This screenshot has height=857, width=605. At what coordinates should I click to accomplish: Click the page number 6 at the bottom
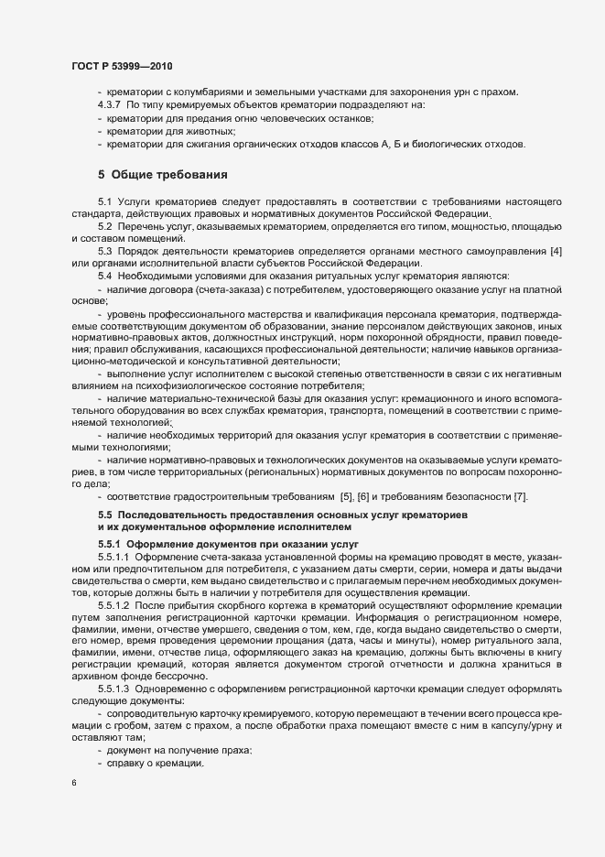73,784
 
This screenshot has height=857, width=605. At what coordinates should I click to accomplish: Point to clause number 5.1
104,200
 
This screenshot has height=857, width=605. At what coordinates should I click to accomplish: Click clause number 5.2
104,225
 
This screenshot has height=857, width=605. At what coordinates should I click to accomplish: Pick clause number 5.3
104,251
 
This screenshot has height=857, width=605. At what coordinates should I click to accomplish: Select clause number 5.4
104,277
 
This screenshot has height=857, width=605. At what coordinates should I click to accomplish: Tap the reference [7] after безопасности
520,495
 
